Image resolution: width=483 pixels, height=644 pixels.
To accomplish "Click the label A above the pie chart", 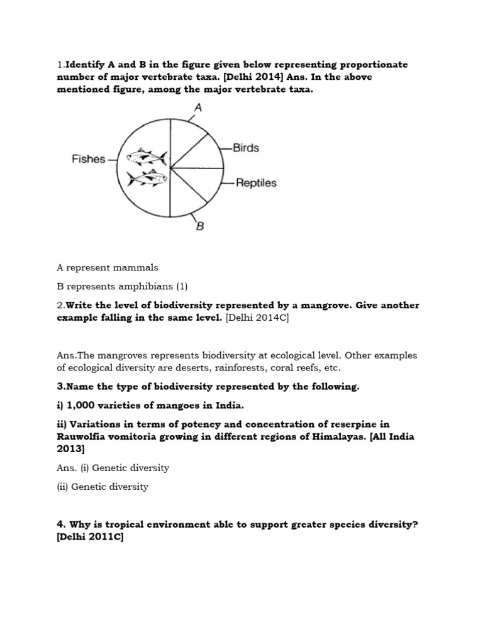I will click(x=198, y=108).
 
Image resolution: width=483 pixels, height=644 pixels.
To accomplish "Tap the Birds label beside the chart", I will click(x=246, y=148).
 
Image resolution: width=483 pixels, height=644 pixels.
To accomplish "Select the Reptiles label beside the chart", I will click(x=256, y=183).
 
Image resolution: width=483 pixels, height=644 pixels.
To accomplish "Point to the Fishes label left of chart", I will click(x=88, y=160).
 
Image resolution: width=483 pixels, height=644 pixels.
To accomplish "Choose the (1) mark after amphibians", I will click(x=182, y=287).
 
